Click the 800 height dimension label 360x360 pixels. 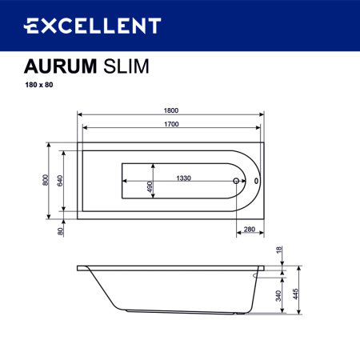[x=46, y=181]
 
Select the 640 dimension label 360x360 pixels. [x=61, y=181]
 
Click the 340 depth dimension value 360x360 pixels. [x=280, y=293]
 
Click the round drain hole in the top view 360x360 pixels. [x=236, y=181]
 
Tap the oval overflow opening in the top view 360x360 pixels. [x=255, y=181]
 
